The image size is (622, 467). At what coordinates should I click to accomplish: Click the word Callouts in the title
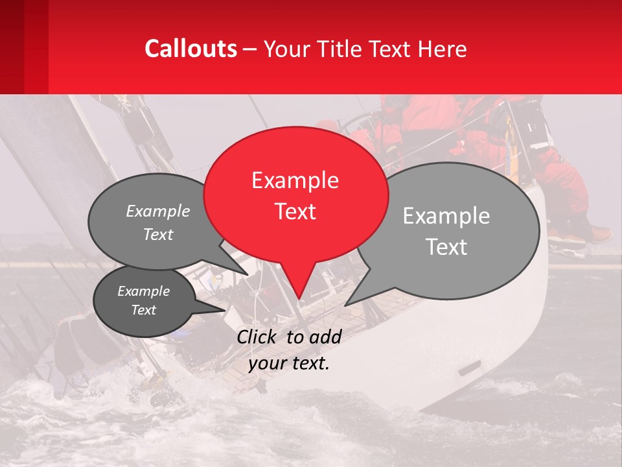[190, 49]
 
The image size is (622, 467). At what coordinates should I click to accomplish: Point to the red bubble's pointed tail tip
[299, 299]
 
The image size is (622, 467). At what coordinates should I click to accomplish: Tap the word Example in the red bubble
[295, 180]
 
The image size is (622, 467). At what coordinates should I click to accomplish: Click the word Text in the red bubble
[295, 211]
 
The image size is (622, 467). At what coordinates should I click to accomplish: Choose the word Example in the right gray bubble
[446, 216]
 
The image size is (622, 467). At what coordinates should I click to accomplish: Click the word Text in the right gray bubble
[447, 247]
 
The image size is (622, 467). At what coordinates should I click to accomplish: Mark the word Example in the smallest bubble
[143, 291]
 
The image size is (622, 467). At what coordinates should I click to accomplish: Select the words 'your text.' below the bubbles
[289, 363]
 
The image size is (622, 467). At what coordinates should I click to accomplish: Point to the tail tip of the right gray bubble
[345, 305]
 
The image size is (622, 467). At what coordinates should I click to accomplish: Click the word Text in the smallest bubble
[144, 310]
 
